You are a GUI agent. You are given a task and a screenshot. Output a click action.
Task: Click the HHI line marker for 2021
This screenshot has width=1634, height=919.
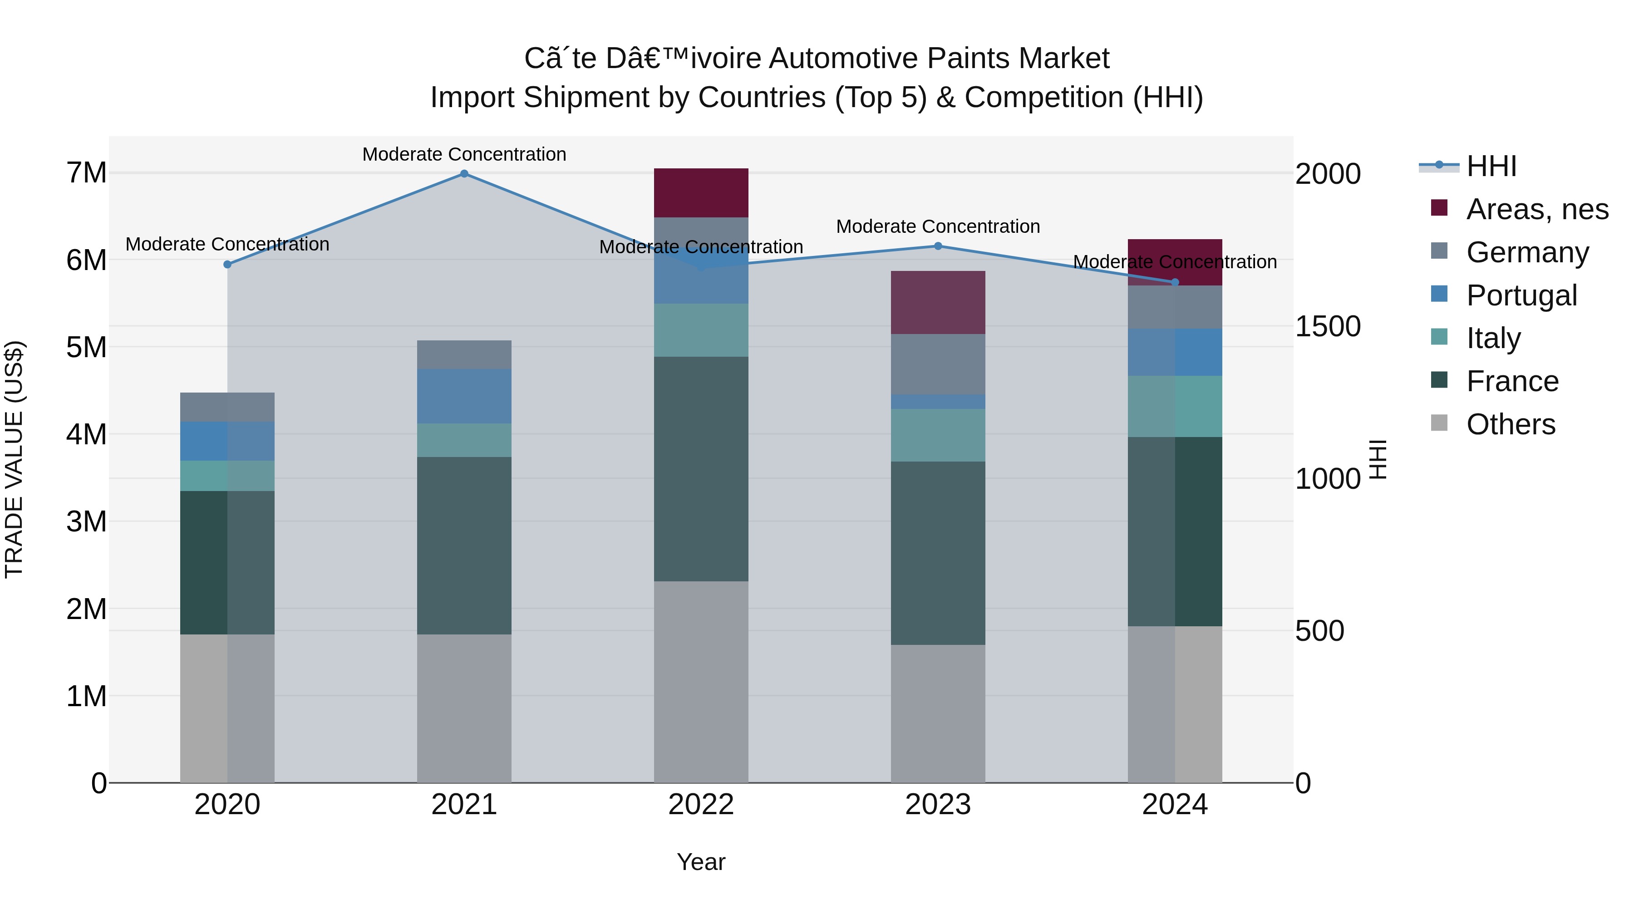pyautogui.click(x=464, y=174)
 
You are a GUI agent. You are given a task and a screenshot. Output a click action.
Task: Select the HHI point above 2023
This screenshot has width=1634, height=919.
pyautogui.click(x=938, y=246)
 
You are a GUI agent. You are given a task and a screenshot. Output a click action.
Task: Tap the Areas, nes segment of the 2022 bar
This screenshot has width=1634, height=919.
pyautogui.click(x=701, y=193)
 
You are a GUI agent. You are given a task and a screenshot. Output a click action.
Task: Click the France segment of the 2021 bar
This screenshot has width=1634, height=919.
pyautogui.click(x=464, y=546)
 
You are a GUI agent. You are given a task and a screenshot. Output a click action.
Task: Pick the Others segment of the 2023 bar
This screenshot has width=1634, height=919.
pyautogui.click(x=938, y=713)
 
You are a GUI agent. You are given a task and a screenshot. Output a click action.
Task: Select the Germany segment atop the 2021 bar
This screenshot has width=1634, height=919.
pyautogui.click(x=464, y=354)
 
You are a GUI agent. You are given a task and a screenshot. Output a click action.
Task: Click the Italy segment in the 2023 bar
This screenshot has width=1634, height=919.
pyautogui.click(x=938, y=435)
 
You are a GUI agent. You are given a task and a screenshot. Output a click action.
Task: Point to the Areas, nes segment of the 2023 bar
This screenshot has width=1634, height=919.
pyautogui.click(x=938, y=303)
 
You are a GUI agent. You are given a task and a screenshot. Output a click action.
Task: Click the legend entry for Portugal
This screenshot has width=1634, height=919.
pyautogui.click(x=1521, y=295)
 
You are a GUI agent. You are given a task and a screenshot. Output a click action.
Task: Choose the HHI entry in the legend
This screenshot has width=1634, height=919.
pyautogui.click(x=1491, y=166)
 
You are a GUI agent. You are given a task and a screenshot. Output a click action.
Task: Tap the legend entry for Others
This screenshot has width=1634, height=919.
pyautogui.click(x=1510, y=424)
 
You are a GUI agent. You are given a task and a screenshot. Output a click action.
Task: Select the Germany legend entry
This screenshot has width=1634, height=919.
pyautogui.click(x=1527, y=252)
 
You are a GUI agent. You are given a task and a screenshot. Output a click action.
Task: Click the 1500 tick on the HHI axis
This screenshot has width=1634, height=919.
pyautogui.click(x=1327, y=327)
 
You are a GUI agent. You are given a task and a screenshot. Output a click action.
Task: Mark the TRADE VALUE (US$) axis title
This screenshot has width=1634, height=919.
pyautogui.click(x=14, y=459)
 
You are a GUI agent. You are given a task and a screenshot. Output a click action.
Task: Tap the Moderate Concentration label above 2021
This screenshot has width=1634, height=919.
pyautogui.click(x=464, y=155)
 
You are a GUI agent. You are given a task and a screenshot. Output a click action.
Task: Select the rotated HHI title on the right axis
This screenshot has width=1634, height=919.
pyautogui.click(x=1378, y=459)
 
